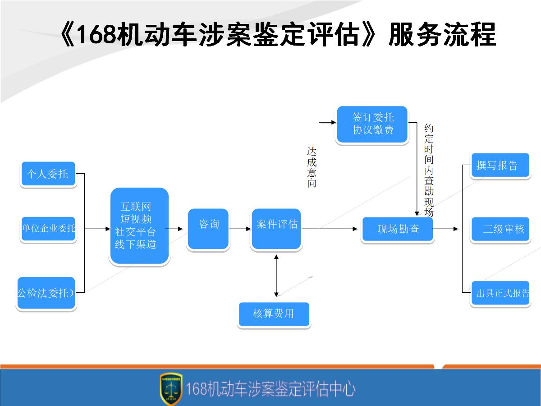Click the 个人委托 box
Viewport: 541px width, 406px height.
pos(48,174)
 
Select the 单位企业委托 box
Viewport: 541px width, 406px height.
pos(48,228)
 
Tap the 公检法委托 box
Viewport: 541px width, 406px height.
pos(46,293)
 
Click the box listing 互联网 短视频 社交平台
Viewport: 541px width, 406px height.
pos(139,226)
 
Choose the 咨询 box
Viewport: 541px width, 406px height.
pos(208,228)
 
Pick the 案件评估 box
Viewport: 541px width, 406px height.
pos(276,228)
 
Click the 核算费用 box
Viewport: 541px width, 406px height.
pos(274,314)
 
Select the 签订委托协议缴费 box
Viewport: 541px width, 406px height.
pos(372,124)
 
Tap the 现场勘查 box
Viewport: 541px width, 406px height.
pos(398,229)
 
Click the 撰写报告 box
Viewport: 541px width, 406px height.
pos(500,166)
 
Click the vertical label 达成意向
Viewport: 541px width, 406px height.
pos(312,167)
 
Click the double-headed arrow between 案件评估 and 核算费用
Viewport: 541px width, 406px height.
pos(276,275)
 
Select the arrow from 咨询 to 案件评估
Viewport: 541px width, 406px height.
pos(240,229)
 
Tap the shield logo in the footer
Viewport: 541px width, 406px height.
pos(171,388)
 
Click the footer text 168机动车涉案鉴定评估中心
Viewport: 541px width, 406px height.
pos(270,388)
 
